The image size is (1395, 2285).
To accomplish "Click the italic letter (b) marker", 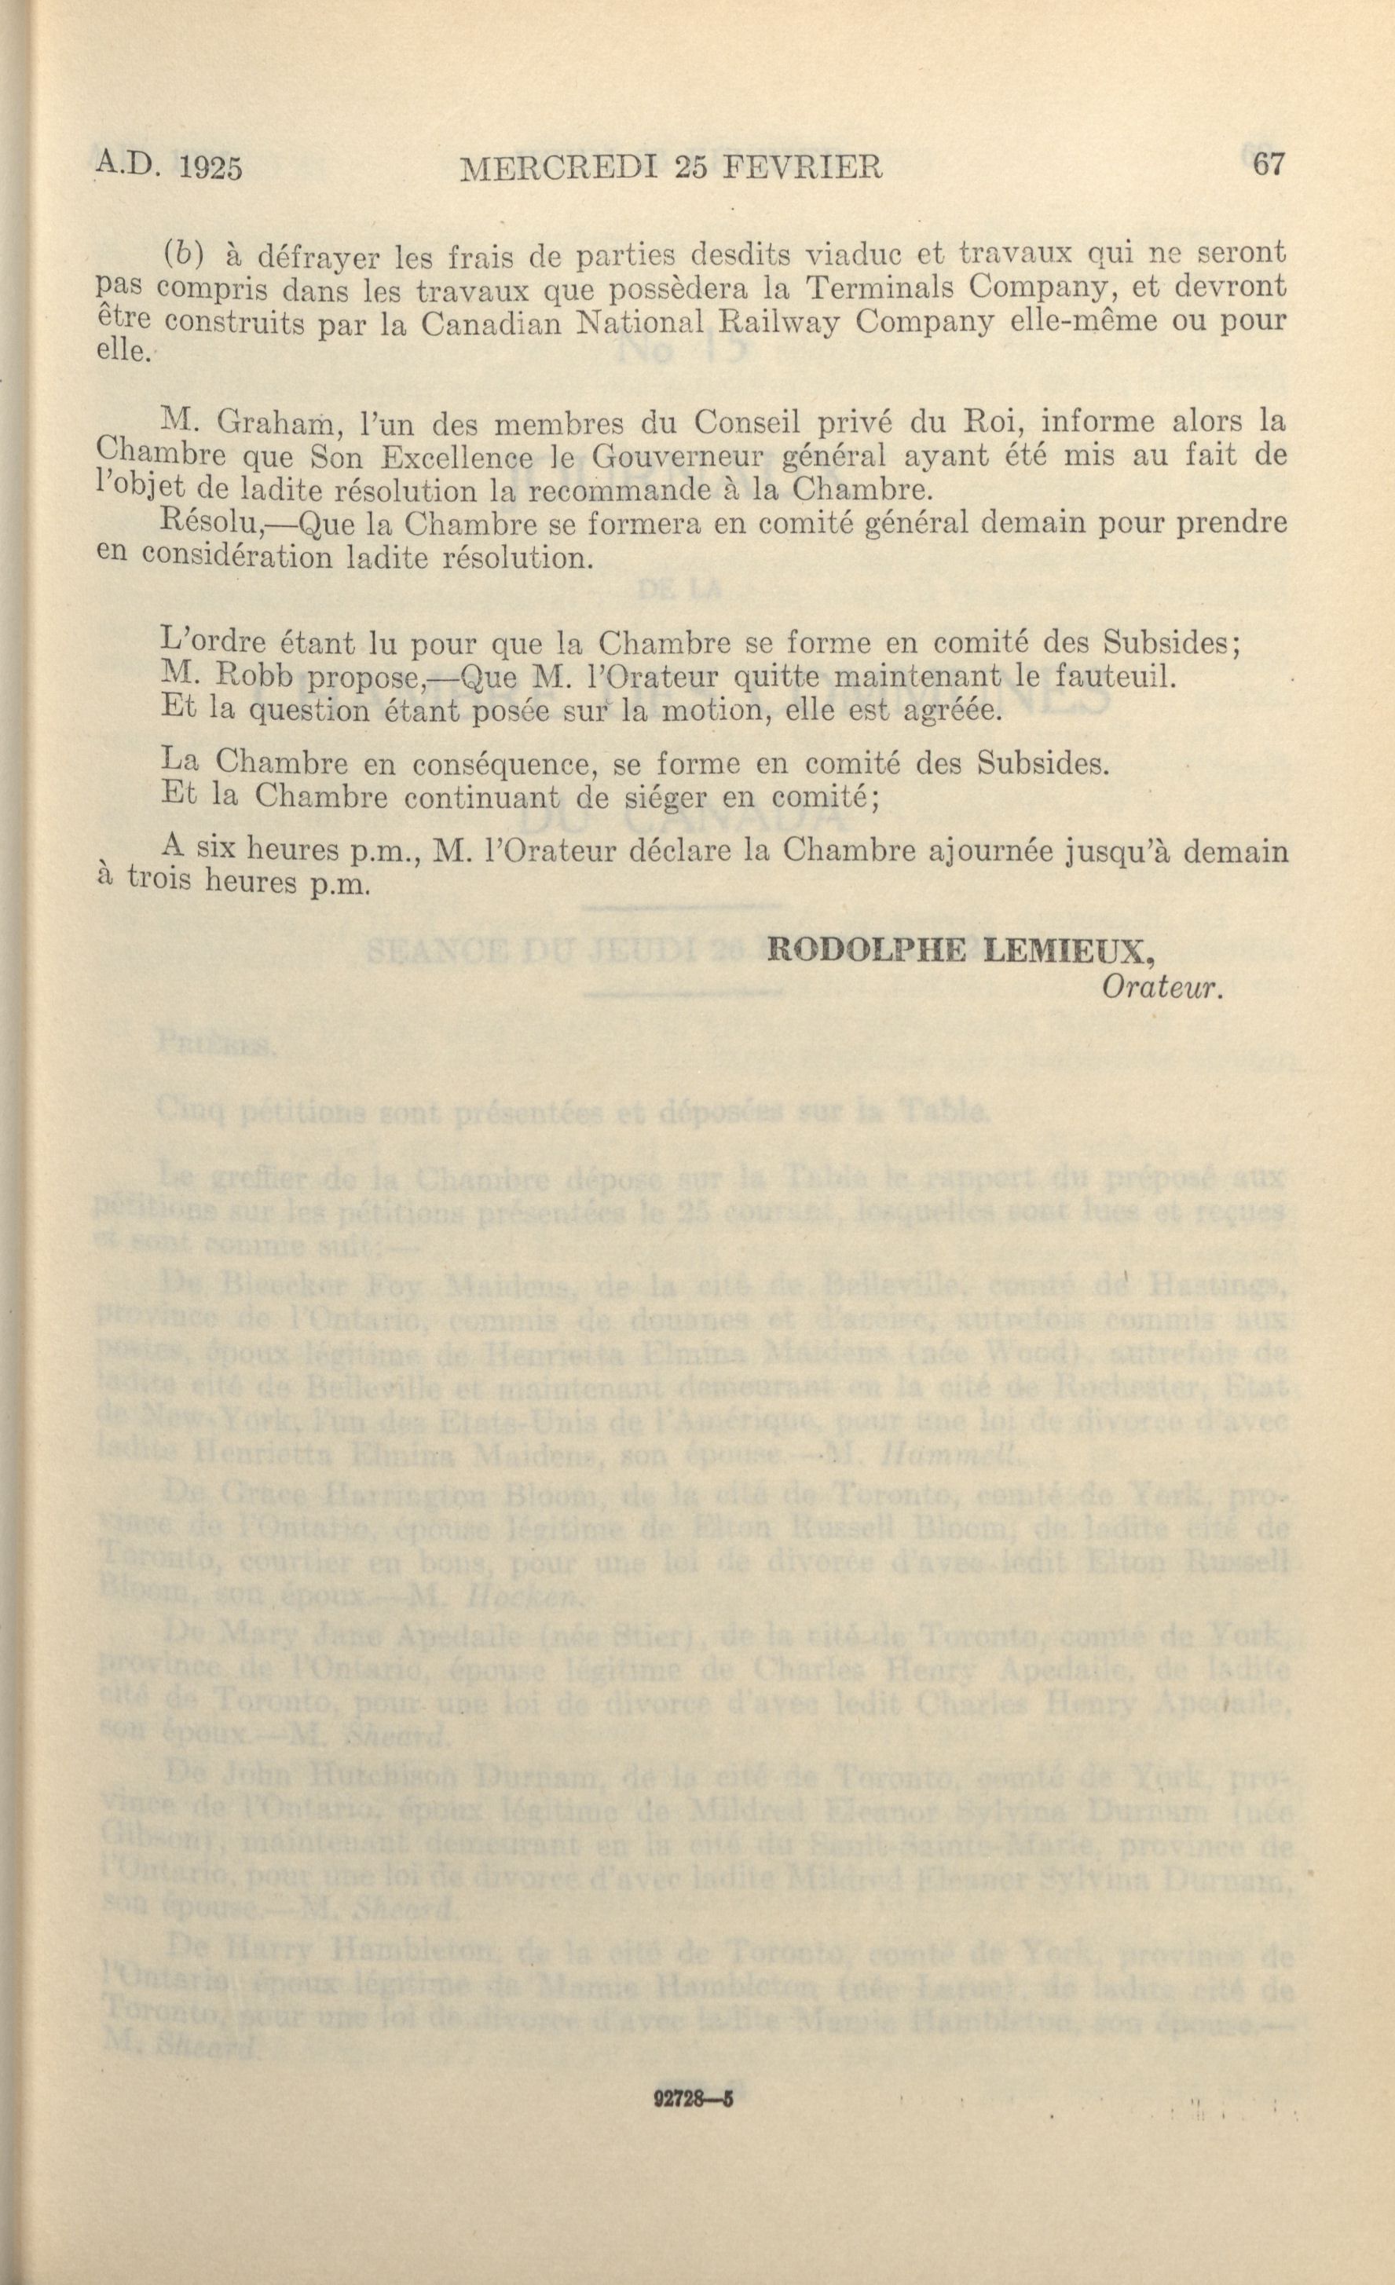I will tap(185, 253).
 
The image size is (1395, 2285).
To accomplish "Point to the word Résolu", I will tap(212, 523).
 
